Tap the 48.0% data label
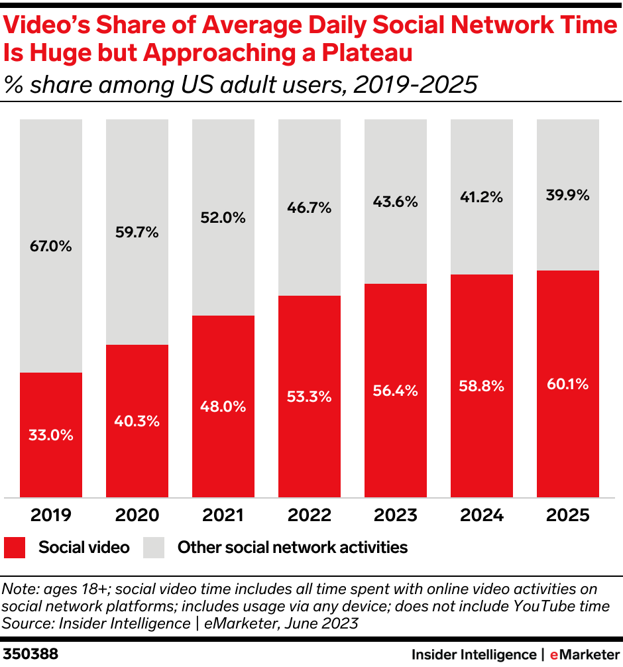click(x=223, y=406)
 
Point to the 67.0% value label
click(x=51, y=247)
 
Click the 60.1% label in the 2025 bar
click(x=568, y=384)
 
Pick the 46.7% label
click(x=310, y=208)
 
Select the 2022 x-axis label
click(x=310, y=515)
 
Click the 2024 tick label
click(x=482, y=515)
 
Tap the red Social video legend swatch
click(x=15, y=548)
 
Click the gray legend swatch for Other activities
click(x=154, y=548)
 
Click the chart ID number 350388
click(x=30, y=654)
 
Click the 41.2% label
click(x=482, y=196)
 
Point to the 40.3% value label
click(x=137, y=421)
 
